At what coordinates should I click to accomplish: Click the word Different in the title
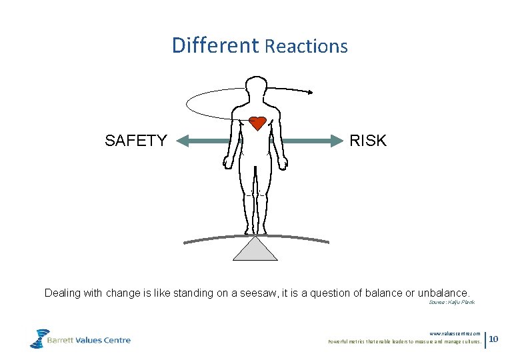coord(215,45)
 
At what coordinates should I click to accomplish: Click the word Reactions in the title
coord(306,47)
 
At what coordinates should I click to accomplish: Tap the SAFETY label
coord(136,141)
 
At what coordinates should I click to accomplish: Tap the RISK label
coord(367,141)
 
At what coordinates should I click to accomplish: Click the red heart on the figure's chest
coord(257,123)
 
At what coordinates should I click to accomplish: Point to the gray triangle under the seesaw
coord(255,250)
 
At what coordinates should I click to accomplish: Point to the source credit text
coord(451,303)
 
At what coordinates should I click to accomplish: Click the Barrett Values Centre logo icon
coord(39,338)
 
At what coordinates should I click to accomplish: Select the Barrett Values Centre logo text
coord(89,340)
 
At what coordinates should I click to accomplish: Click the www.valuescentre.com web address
coord(455,333)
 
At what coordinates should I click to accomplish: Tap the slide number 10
coord(494,340)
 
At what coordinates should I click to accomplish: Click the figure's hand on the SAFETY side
coord(228,162)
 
